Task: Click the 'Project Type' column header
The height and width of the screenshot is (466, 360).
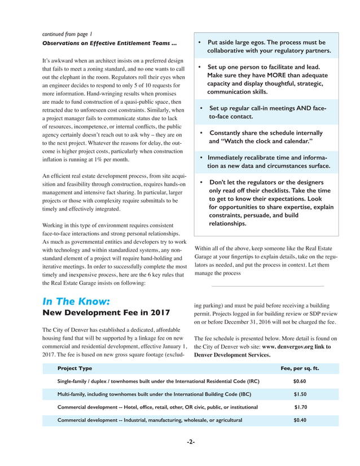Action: pos(74,368)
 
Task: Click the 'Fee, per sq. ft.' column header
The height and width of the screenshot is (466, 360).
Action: pos(300,368)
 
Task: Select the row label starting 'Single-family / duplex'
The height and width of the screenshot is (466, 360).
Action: pos(159,381)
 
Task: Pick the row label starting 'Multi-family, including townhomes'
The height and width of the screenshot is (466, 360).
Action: pos(159,394)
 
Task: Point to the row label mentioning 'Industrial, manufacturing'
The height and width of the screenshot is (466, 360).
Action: pos(150,420)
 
